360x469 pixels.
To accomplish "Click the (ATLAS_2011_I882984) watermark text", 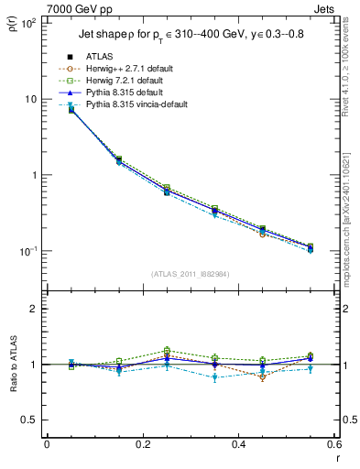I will click(x=191, y=273).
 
